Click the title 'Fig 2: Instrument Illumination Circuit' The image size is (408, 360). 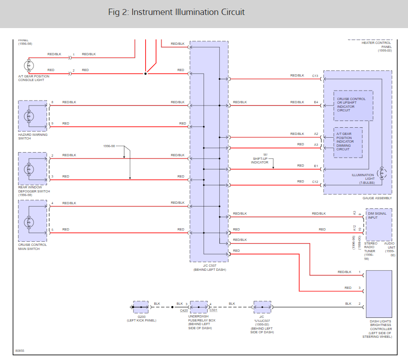[x=176, y=12]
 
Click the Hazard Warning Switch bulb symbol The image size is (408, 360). [x=29, y=115]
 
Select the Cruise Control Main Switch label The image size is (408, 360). [x=33, y=247]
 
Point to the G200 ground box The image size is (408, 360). [x=141, y=307]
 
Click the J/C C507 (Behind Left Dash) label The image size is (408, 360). [x=209, y=268]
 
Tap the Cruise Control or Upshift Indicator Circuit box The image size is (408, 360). [x=353, y=106]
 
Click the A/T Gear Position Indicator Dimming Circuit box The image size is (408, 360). [x=348, y=142]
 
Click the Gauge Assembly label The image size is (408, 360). [x=377, y=198]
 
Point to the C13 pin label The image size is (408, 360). [x=315, y=76]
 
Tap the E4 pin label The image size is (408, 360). [x=316, y=102]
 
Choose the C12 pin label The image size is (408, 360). [x=315, y=182]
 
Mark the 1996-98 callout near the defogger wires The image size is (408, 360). [x=109, y=147]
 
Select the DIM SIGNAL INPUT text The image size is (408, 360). [x=377, y=216]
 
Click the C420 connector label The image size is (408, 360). [x=184, y=311]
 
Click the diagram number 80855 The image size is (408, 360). [x=20, y=350]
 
